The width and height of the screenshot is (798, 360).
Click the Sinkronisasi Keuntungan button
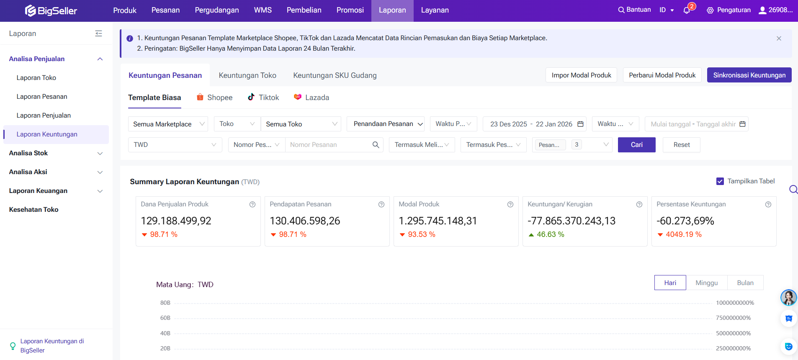tap(749, 75)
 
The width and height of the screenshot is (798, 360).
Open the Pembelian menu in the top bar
tap(304, 10)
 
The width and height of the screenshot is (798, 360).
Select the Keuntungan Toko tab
tap(247, 75)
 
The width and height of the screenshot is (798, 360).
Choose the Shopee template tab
tap(215, 98)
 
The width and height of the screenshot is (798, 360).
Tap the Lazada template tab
tap(311, 98)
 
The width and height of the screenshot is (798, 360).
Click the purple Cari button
tap(636, 145)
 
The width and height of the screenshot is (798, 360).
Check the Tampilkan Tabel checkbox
tap(720, 181)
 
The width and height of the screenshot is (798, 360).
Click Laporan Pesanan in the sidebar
tap(42, 97)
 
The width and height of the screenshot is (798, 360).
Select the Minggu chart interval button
tap(706, 283)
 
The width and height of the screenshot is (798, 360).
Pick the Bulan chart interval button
tap(745, 283)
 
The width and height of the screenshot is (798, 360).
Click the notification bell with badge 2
tap(687, 10)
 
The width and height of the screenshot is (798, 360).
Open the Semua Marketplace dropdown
tap(168, 124)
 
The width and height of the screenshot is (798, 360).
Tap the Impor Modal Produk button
tap(581, 75)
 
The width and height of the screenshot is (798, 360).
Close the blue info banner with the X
tap(779, 39)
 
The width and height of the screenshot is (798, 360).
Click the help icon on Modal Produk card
tap(510, 204)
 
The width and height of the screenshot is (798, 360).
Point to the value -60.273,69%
tap(685, 221)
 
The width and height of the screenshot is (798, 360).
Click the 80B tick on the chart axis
tap(165, 303)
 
